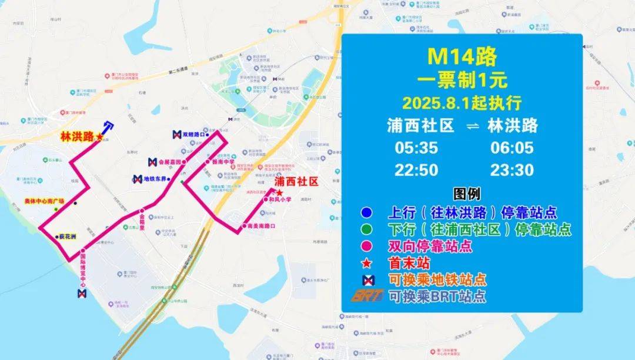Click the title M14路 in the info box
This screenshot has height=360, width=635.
point(462,56)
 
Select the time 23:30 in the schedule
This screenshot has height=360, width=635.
point(512,170)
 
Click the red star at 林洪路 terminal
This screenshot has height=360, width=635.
point(99,137)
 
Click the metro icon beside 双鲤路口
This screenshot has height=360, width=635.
point(176,135)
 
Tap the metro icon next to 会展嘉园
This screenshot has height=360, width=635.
point(152,161)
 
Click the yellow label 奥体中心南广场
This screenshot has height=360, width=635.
point(44,201)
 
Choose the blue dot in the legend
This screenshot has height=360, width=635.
point(367,212)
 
